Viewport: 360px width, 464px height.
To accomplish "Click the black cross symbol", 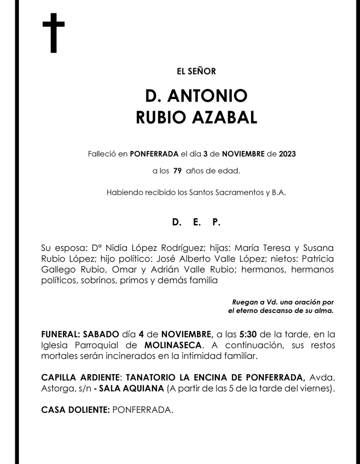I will (x=54, y=33).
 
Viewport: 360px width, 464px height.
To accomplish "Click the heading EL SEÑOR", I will (x=196, y=71).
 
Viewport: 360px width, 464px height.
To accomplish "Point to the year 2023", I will (x=287, y=154).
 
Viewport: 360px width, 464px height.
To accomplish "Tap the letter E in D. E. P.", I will (x=196, y=222).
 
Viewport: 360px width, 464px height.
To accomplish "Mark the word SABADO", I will (x=101, y=335).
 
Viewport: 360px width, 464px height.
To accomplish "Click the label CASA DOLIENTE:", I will (x=75, y=410).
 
